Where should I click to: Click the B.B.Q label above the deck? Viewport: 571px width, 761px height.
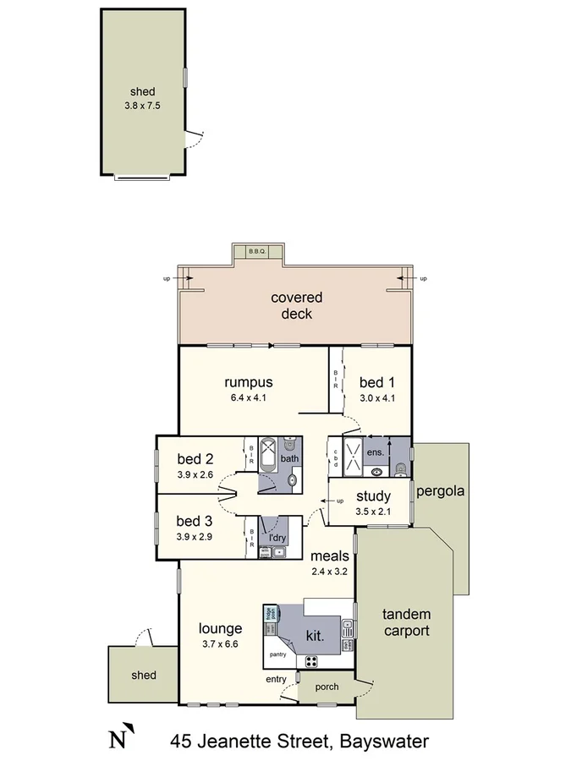pyautogui.click(x=257, y=251)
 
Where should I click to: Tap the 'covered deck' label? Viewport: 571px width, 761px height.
pyautogui.click(x=291, y=305)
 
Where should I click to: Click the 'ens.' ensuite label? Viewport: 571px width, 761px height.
pyautogui.click(x=375, y=452)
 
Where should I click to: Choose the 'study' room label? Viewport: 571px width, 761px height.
pyautogui.click(x=372, y=496)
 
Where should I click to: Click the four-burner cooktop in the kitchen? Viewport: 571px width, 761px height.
pyautogui.click(x=312, y=661)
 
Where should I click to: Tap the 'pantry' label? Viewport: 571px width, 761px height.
pyautogui.click(x=277, y=654)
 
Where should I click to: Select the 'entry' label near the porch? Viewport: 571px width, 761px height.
pyautogui.click(x=276, y=678)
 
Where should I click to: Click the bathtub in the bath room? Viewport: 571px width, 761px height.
pyautogui.click(x=268, y=464)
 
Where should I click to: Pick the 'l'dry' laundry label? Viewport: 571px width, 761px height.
pyautogui.click(x=277, y=537)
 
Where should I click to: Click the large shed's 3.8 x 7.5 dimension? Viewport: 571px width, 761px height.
pyautogui.click(x=143, y=107)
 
